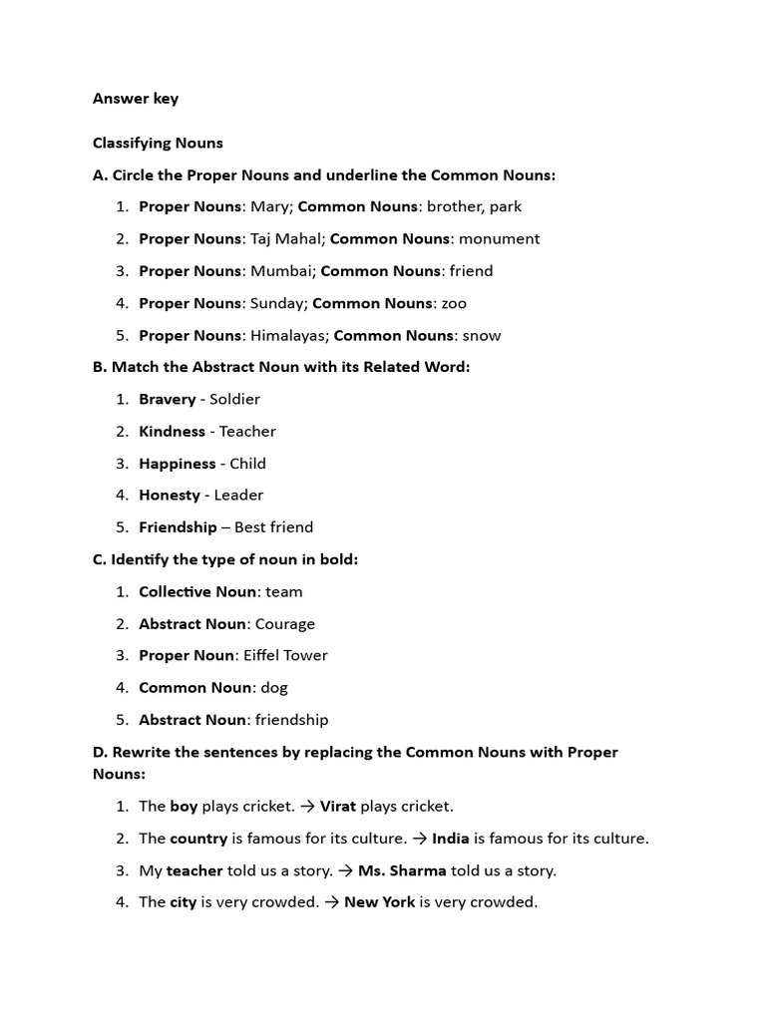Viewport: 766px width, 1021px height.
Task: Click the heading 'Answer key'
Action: click(136, 99)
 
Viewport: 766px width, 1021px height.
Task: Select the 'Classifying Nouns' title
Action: click(158, 144)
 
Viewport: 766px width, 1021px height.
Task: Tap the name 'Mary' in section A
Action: click(268, 207)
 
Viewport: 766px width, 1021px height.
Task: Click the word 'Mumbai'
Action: click(280, 271)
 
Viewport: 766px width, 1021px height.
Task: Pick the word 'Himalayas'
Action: click(287, 336)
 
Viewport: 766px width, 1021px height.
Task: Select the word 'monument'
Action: click(500, 239)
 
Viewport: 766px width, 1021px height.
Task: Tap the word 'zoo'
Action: click(454, 303)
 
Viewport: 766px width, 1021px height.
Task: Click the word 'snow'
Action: click(482, 336)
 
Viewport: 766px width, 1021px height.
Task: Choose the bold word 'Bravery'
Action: click(167, 400)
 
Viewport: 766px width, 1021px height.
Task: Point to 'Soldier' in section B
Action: click(234, 400)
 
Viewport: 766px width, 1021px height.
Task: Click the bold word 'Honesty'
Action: click(169, 496)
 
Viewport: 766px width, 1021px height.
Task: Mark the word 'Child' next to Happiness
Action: click(248, 464)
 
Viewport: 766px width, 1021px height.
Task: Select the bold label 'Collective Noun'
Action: click(197, 592)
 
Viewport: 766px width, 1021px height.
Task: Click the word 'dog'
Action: click(274, 688)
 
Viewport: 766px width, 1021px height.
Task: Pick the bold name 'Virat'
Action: click(338, 807)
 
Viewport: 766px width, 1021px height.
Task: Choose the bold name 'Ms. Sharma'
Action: click(402, 870)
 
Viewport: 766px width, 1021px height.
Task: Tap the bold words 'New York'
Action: click(379, 902)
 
